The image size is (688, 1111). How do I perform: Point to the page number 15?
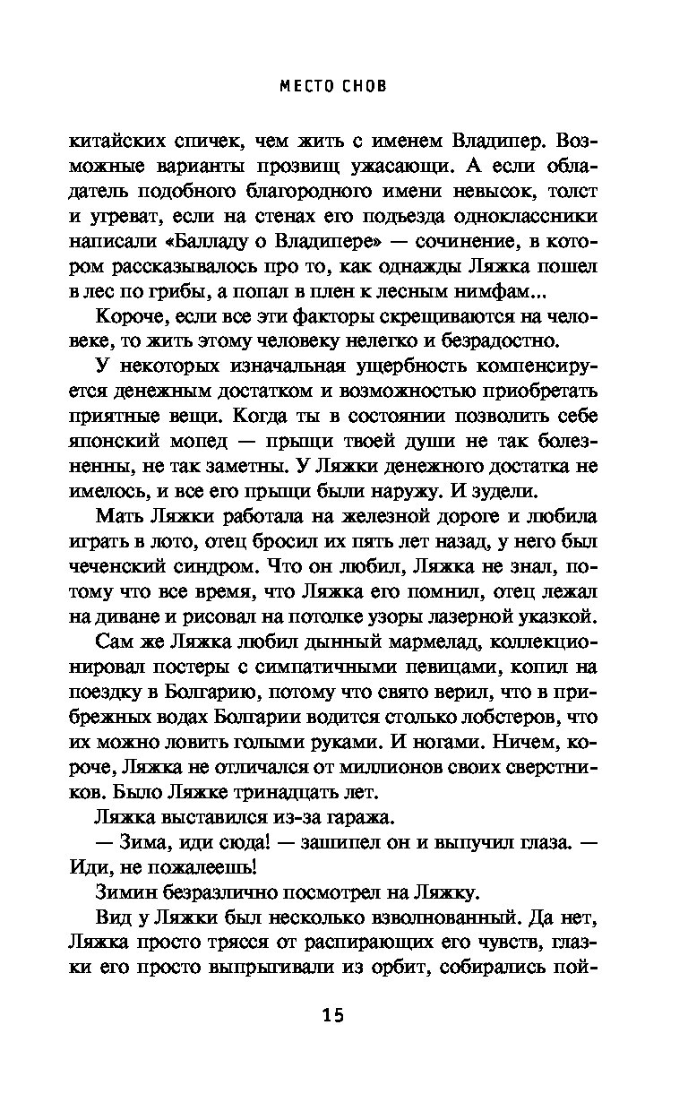(332, 1015)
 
